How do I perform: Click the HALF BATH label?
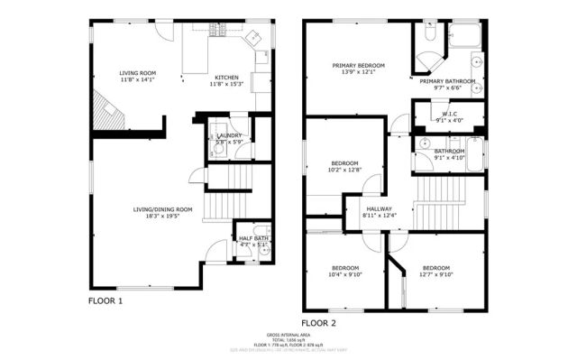pyautogui.click(x=253, y=238)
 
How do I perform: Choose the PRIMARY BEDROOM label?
pyautogui.click(x=358, y=66)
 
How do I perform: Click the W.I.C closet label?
pyautogui.click(x=449, y=114)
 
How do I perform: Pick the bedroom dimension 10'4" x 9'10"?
pyautogui.click(x=345, y=275)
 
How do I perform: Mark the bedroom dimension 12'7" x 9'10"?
pyautogui.click(x=436, y=275)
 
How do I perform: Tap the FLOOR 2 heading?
pyautogui.click(x=318, y=322)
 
